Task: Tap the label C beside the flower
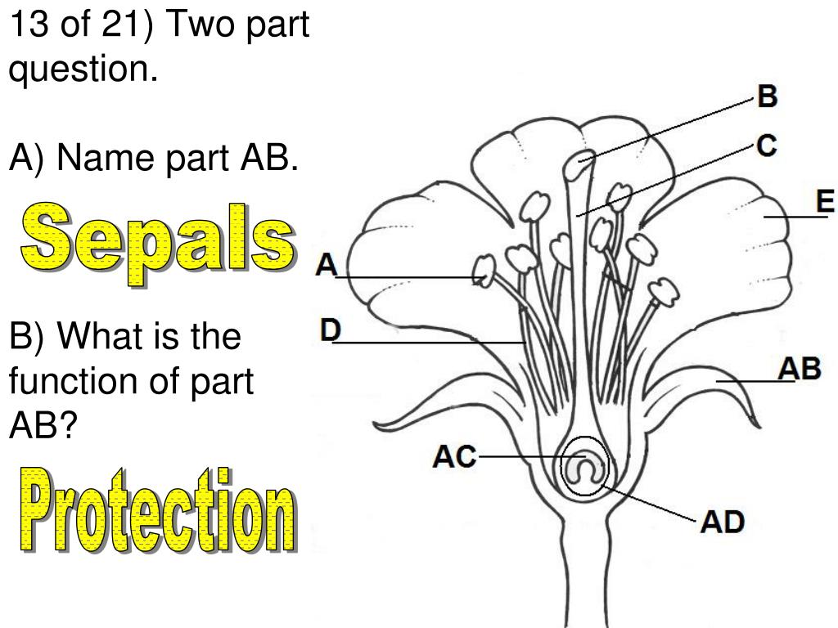pos(766,146)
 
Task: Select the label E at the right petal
pos(826,200)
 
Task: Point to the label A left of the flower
pos(327,265)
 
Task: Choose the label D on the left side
pos(330,330)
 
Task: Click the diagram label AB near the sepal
pos(799,368)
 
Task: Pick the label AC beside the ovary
pos(454,457)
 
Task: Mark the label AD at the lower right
pos(721,521)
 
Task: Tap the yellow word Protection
pos(156,508)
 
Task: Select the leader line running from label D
pos(426,342)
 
